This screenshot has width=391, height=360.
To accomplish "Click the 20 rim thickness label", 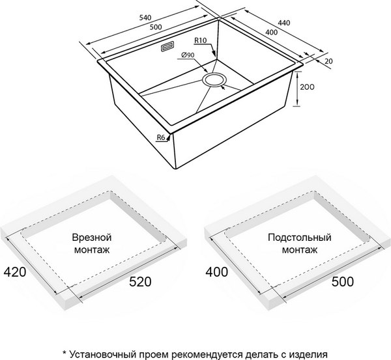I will tap(328, 61).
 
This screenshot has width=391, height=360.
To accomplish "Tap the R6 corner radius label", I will tap(161, 137).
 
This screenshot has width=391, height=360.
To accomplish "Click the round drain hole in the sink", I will tap(213, 79).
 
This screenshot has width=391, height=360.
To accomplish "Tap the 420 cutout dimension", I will tap(14, 271).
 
